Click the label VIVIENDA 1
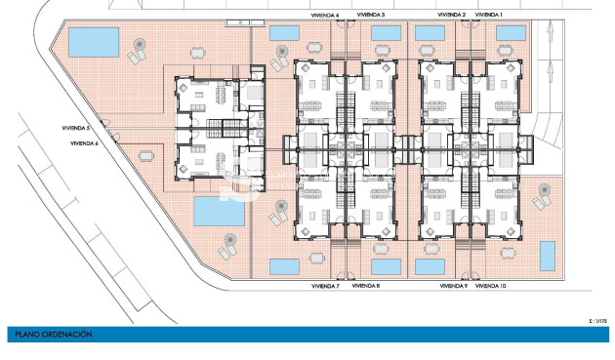[489, 16]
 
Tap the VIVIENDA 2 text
[451, 16]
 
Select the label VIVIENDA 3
[370, 16]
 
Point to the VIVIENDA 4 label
[324, 16]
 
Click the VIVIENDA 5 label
[74, 128]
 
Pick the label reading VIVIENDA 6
[84, 143]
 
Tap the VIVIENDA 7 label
[324, 286]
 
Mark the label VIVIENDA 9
[453, 286]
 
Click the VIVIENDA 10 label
[491, 286]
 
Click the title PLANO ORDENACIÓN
[54, 335]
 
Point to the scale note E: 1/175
[597, 320]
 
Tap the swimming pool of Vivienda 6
[220, 210]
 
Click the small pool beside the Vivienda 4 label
[284, 32]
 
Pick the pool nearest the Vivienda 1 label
[511, 33]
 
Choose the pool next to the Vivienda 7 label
[284, 265]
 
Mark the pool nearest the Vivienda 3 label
[386, 33]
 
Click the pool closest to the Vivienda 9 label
[430, 266]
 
